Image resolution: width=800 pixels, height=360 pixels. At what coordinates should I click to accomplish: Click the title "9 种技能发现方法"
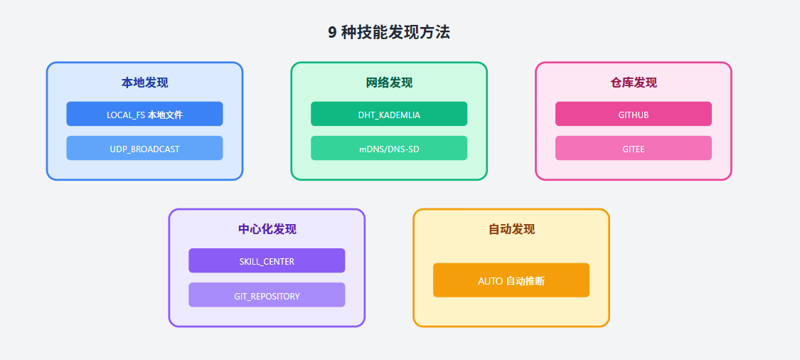[389, 33]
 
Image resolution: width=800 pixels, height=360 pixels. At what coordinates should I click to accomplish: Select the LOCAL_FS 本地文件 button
[144, 114]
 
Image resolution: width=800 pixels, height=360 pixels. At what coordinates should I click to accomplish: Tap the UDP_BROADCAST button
[144, 149]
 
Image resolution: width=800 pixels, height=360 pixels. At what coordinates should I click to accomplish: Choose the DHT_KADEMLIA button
[389, 114]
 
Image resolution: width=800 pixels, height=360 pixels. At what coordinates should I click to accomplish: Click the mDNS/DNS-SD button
[389, 149]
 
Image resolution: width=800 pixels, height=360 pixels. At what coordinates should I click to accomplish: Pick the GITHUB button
[633, 114]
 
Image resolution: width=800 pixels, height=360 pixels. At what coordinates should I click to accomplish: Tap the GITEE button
[633, 149]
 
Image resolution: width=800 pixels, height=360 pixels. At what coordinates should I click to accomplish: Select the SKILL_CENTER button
[267, 261]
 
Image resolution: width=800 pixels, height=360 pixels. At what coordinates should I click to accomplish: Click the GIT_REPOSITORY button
[267, 295]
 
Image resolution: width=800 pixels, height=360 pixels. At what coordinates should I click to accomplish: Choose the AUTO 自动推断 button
[511, 280]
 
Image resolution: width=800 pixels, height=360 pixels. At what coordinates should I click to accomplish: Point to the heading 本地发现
[144, 83]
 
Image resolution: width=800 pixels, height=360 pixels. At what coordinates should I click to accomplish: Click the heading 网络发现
[389, 83]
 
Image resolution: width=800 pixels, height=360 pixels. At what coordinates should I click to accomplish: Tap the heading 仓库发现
[634, 83]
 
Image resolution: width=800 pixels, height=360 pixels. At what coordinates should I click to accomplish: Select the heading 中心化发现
[267, 229]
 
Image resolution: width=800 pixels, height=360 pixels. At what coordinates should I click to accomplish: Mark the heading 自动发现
[511, 229]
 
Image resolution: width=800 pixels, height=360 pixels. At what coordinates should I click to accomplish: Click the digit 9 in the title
[332, 33]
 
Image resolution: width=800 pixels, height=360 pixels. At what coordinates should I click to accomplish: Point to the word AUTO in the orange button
[490, 281]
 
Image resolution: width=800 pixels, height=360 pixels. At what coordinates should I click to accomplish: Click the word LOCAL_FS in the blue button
[126, 115]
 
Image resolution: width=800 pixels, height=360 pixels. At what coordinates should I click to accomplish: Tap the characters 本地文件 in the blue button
[165, 115]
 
